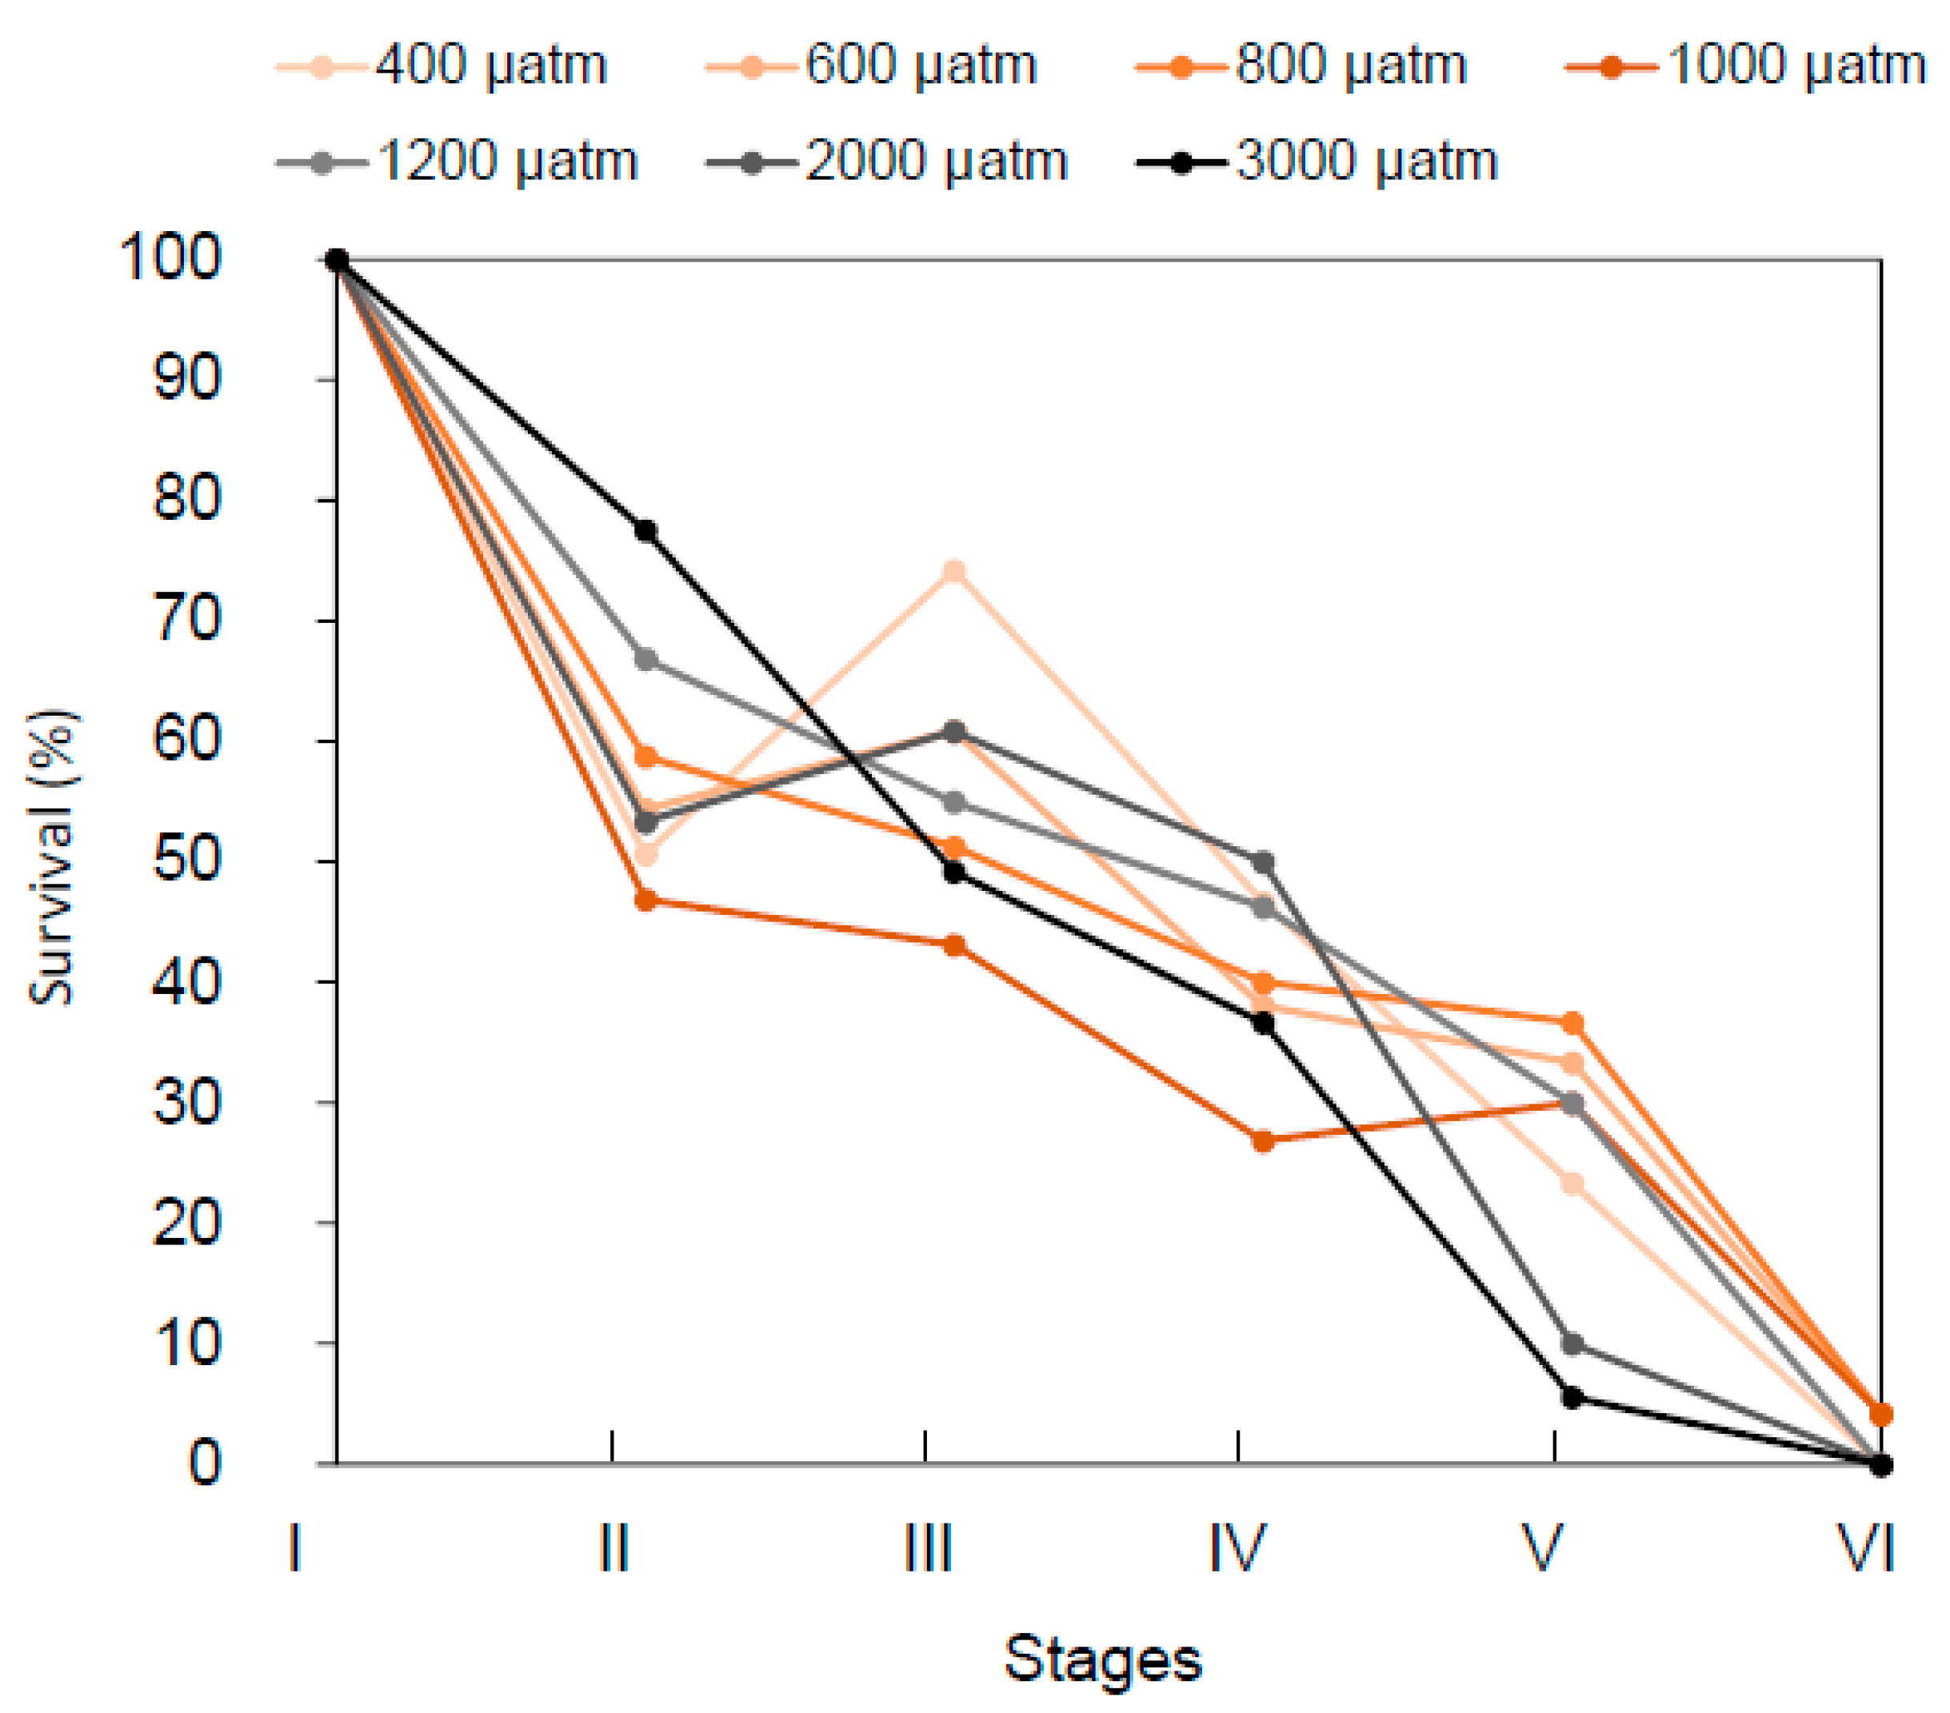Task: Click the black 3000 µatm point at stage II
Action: [645, 531]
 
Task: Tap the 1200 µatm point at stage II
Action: [645, 660]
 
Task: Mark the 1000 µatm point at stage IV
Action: [1263, 1140]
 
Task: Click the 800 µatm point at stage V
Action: [1572, 1024]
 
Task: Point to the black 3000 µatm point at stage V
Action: [1572, 1397]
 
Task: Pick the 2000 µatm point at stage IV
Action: [1263, 863]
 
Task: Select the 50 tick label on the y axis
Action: [187, 860]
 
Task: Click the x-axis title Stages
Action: [1103, 1659]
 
